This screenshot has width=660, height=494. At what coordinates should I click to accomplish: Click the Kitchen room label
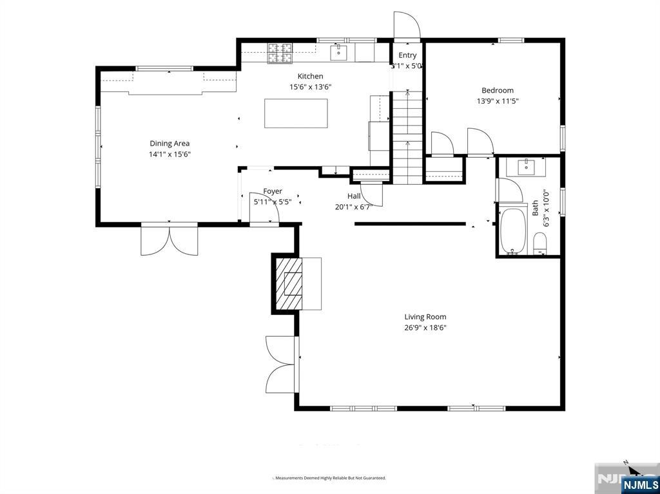pyautogui.click(x=310, y=76)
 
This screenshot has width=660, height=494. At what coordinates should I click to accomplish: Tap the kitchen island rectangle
pyautogui.click(x=296, y=113)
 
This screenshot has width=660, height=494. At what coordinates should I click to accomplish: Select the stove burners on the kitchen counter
pyautogui.click(x=280, y=53)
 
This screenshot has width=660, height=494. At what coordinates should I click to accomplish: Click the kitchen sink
pyautogui.click(x=339, y=52)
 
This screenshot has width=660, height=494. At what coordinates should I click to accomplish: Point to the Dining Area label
pyautogui.click(x=170, y=144)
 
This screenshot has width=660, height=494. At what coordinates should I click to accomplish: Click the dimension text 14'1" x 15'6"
pyautogui.click(x=170, y=155)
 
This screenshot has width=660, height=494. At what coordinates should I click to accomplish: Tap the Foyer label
pyautogui.click(x=272, y=191)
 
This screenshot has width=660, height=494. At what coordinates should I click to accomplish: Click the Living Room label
pyautogui.click(x=425, y=316)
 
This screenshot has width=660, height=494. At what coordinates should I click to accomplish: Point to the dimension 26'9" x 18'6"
pyautogui.click(x=425, y=327)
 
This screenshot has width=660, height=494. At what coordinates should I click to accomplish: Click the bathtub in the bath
pyautogui.click(x=514, y=231)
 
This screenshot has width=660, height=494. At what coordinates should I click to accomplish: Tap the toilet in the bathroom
pyautogui.click(x=540, y=243)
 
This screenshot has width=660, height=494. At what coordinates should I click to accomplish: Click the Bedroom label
pyautogui.click(x=498, y=90)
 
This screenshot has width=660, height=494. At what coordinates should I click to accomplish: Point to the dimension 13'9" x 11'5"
pyautogui.click(x=498, y=101)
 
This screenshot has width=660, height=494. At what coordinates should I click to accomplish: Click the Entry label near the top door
pyautogui.click(x=407, y=55)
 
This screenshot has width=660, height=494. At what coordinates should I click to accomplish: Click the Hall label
pyautogui.click(x=354, y=196)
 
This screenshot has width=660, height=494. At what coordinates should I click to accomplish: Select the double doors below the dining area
pyautogui.click(x=170, y=239)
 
